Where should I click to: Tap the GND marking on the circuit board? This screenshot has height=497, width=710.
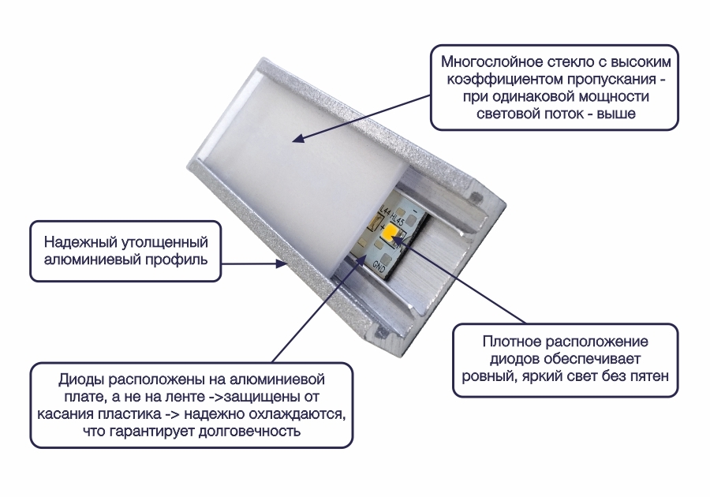click(x=379, y=267)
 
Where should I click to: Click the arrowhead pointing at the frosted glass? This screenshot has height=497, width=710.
click(x=297, y=138)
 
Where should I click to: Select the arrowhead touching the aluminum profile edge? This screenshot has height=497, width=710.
click(x=282, y=263)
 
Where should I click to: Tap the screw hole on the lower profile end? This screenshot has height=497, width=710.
click(x=379, y=333)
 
